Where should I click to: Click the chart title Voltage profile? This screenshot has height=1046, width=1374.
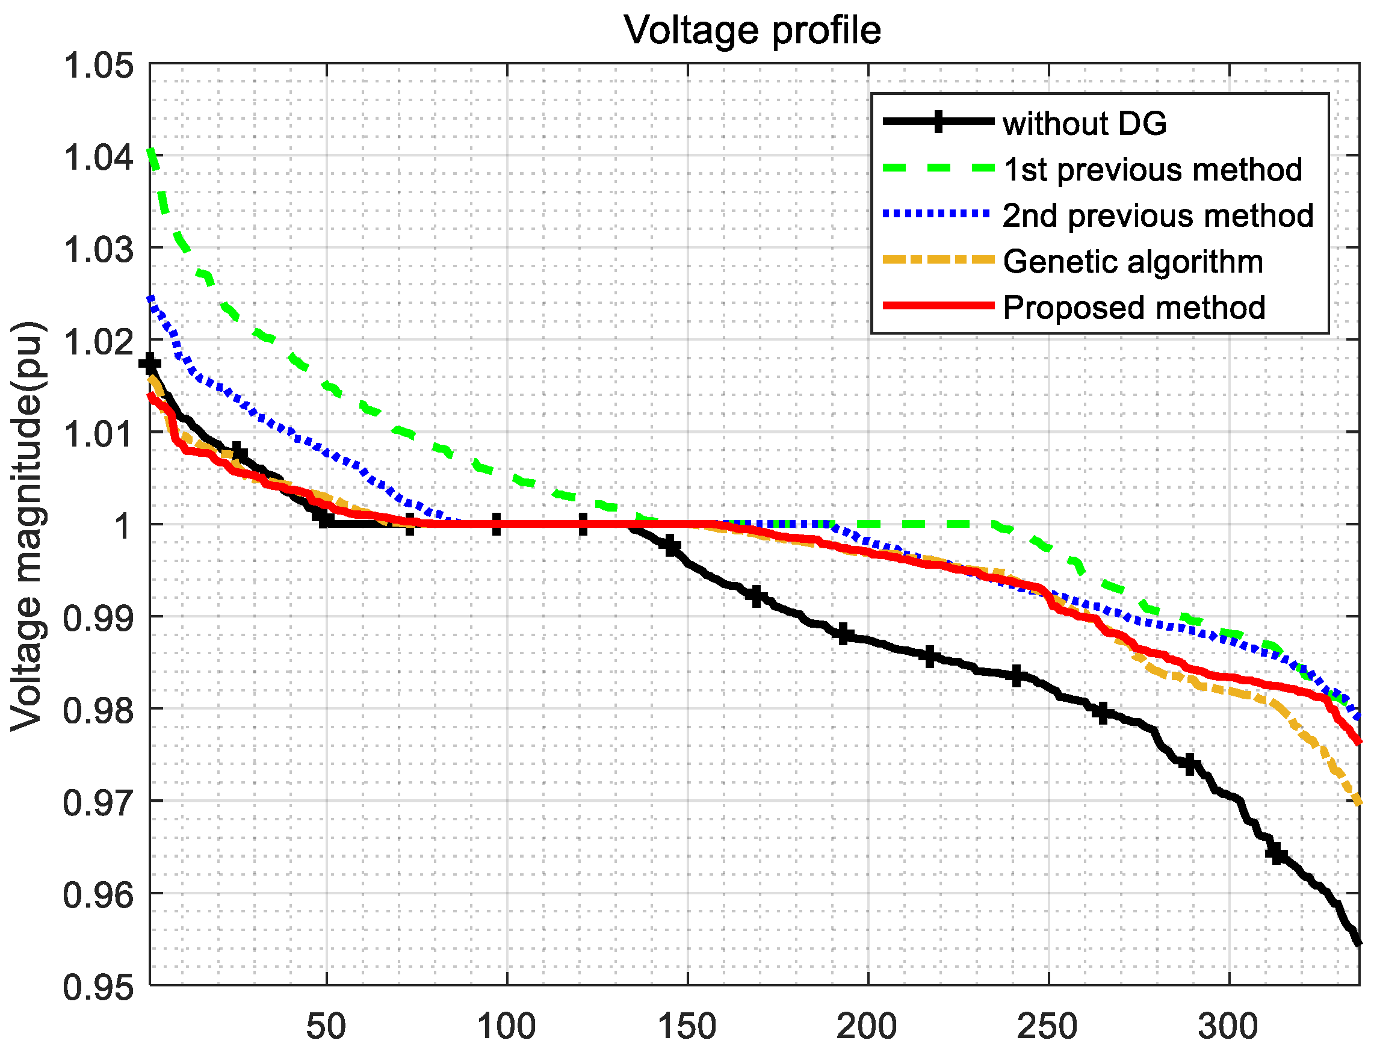click(752, 30)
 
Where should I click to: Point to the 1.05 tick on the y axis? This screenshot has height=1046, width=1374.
click(98, 66)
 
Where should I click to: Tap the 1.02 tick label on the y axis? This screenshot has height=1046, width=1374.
click(98, 342)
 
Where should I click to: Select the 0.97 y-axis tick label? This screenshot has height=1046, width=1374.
click(98, 803)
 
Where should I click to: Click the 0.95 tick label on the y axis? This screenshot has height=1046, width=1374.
click(98, 988)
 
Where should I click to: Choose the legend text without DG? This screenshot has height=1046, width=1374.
click(1084, 123)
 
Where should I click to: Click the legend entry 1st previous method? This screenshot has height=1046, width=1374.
click(1152, 169)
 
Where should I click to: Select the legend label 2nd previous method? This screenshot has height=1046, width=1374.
click(1157, 215)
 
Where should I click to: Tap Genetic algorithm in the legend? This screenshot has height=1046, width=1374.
click(1133, 261)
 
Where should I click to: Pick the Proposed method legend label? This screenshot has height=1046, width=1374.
click(1134, 308)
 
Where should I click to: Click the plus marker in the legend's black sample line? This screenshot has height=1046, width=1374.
click(938, 121)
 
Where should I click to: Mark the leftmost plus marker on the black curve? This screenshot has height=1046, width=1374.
click(149, 364)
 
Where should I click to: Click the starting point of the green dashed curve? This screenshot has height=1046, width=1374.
click(150, 150)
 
